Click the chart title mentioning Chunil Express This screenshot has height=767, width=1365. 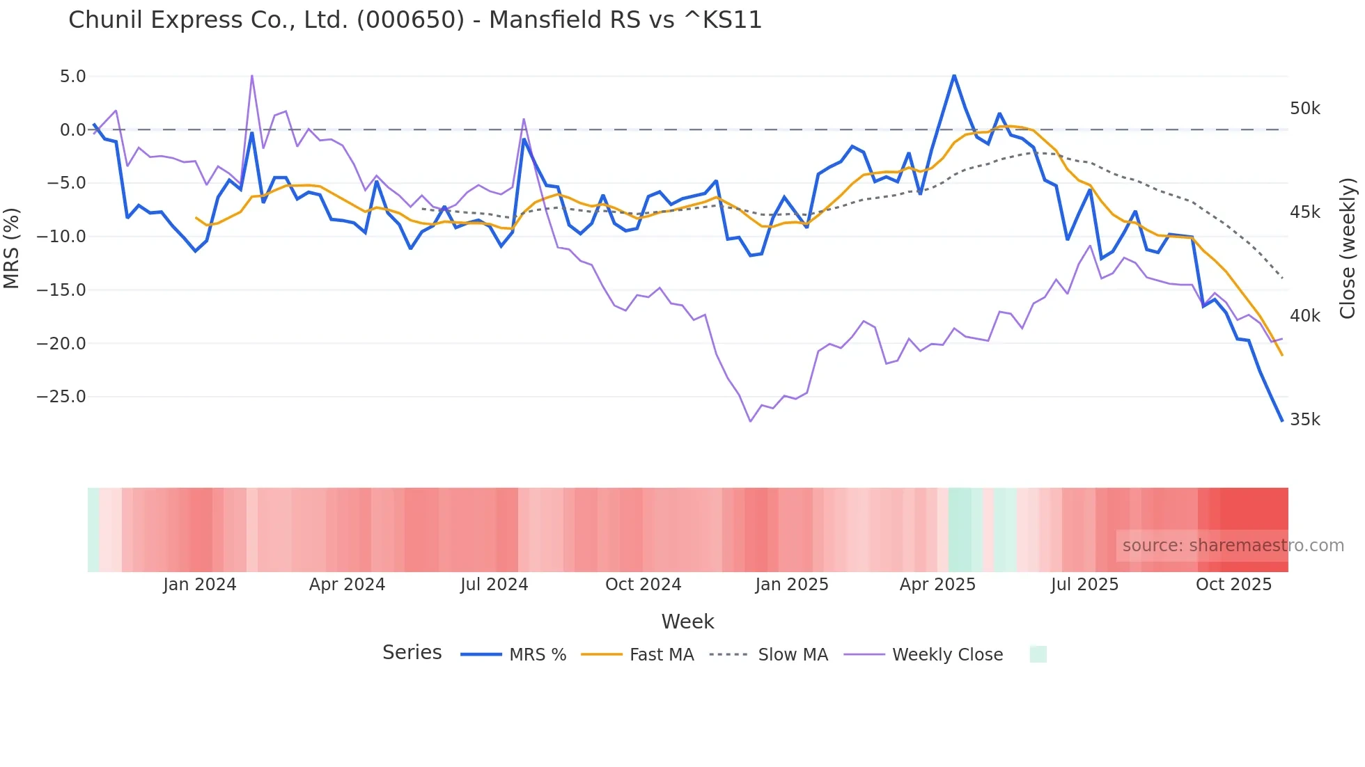coord(415,20)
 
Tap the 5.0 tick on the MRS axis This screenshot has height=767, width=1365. coord(72,77)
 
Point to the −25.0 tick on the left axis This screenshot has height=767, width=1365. coord(61,397)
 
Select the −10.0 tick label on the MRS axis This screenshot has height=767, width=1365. coord(61,237)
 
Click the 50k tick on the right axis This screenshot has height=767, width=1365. coord(1304,109)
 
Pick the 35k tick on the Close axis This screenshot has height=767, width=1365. coord(1304,420)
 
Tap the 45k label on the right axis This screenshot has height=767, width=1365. coord(1304,212)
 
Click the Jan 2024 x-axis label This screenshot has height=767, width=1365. coord(200,585)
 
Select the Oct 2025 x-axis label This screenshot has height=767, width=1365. coord(1233,585)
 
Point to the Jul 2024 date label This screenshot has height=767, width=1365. coord(494,585)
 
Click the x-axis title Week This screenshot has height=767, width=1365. coord(687,622)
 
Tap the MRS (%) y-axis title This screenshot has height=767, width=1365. coord(12,248)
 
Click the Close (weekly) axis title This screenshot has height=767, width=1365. coord(1348,248)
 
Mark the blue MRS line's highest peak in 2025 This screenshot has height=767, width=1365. coord(954,75)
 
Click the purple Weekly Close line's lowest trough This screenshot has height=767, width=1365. coord(750,421)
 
